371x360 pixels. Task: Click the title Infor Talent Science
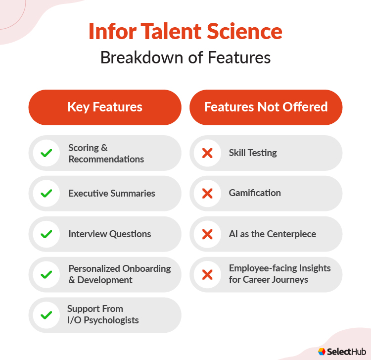185,32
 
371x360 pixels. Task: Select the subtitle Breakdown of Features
185,57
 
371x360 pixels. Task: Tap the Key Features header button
105,107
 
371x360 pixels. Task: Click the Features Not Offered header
266,107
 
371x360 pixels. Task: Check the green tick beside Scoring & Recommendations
46,154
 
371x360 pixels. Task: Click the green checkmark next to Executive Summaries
46,194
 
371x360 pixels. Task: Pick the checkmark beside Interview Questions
46,234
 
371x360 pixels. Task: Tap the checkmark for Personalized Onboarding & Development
46,274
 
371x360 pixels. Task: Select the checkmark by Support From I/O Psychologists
46,315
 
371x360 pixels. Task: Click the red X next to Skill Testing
207,154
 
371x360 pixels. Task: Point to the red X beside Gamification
207,194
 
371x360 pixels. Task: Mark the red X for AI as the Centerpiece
207,234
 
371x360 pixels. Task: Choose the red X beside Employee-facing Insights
207,274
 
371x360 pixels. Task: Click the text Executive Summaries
112,194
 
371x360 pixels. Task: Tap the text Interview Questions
110,234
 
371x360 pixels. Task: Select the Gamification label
255,193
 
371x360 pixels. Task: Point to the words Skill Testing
253,153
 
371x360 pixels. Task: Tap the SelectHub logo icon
322,351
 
